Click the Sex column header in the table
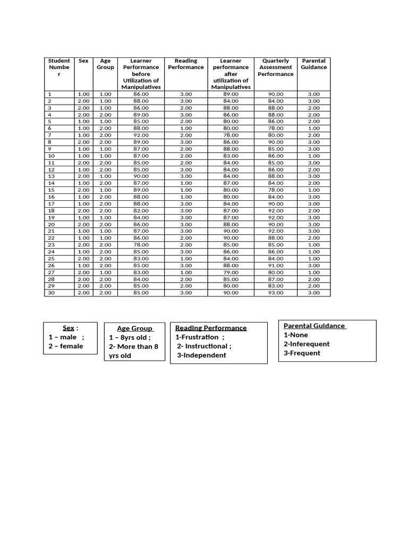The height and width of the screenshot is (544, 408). pyautogui.click(x=83, y=61)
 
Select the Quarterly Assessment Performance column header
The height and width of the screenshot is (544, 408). pyautogui.click(x=276, y=67)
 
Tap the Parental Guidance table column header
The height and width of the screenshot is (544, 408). pyautogui.click(x=313, y=64)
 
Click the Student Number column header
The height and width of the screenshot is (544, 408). pyautogui.click(x=59, y=67)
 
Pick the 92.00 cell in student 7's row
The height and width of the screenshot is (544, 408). pyautogui.click(x=141, y=135)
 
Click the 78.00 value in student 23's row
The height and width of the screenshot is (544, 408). pyautogui.click(x=141, y=245)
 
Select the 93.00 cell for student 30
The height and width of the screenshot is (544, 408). pyautogui.click(x=276, y=293)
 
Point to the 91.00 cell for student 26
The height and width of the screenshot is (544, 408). pyautogui.click(x=276, y=265)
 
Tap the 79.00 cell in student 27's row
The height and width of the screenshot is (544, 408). pyautogui.click(x=231, y=272)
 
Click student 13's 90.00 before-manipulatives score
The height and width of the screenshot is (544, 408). pyautogui.click(x=141, y=176)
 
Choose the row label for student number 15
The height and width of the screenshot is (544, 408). pyautogui.click(x=51, y=190)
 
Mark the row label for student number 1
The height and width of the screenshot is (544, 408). pyautogui.click(x=49, y=94)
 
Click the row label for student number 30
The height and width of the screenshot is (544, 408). pyautogui.click(x=51, y=293)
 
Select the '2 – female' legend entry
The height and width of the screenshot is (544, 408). pyautogui.click(x=66, y=346)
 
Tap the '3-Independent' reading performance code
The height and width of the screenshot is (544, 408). pyautogui.click(x=201, y=355)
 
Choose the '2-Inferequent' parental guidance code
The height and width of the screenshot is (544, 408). pyautogui.click(x=307, y=344)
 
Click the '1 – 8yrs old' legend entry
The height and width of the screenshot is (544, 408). pyautogui.click(x=130, y=337)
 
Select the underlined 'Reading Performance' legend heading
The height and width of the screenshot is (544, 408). pyautogui.click(x=211, y=328)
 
